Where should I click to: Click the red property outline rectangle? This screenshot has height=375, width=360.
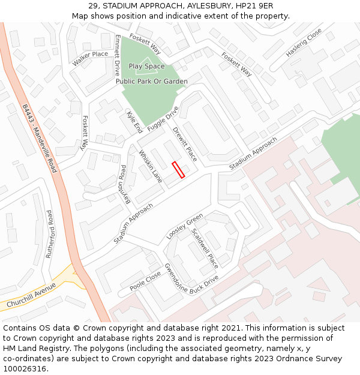point(178,170)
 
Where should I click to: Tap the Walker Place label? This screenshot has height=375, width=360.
point(91,58)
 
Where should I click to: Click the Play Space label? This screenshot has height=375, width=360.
point(146,67)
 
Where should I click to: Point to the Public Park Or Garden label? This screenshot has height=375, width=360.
point(152,82)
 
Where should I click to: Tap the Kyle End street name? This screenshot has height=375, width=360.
point(134,122)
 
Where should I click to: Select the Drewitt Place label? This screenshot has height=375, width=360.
point(185,144)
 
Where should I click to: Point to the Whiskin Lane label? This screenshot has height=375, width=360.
point(151,166)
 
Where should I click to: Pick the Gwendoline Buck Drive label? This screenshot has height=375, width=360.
point(191,281)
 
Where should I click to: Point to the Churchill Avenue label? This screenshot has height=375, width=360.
point(32,296)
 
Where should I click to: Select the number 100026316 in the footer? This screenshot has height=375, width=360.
point(25,368)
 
